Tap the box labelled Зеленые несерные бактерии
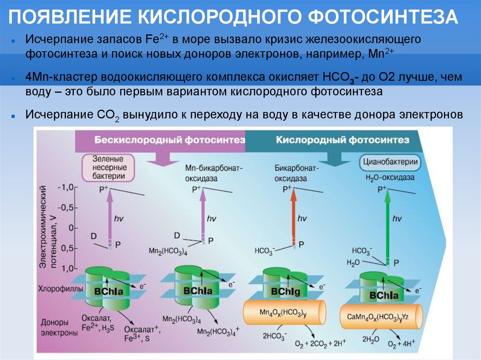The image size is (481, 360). pyautogui.click(x=109, y=167)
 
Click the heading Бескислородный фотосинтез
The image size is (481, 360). pyautogui.click(x=170, y=140)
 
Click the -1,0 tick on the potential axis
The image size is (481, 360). pyautogui.click(x=66, y=187)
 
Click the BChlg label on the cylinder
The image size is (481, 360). pyautogui.click(x=284, y=292)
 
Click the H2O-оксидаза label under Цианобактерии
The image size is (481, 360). pyautogui.click(x=390, y=178)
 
